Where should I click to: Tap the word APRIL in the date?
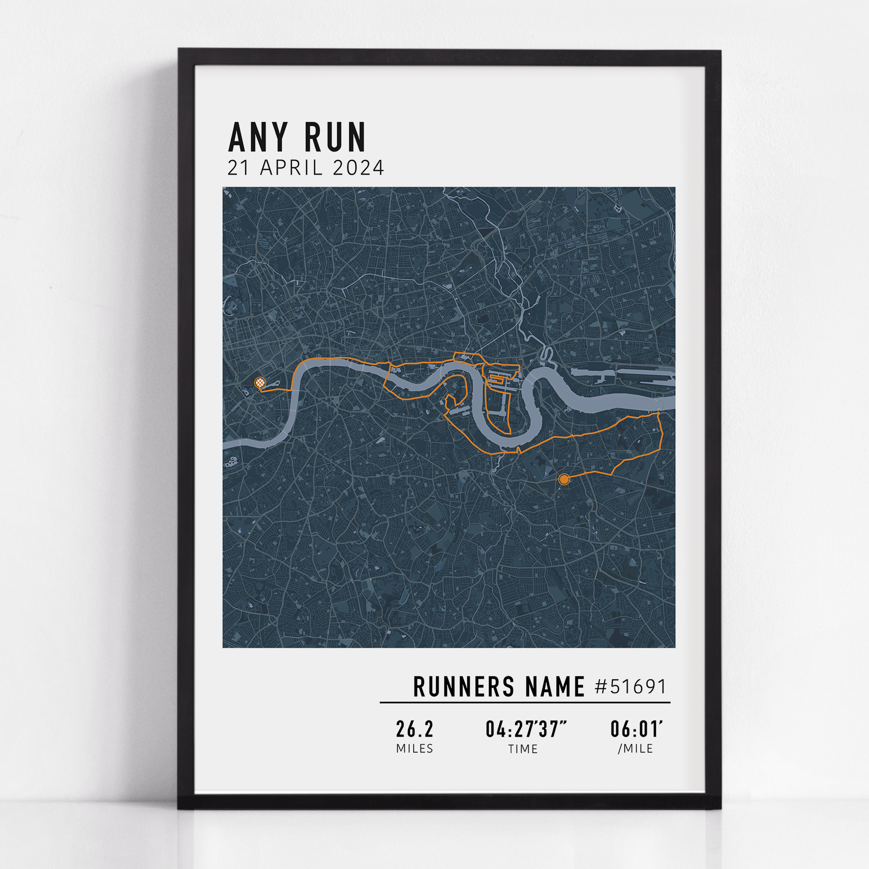coord(292,168)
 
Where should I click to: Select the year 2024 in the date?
coord(359,168)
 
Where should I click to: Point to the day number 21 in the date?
coord(238,168)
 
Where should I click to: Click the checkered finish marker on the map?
coord(260,383)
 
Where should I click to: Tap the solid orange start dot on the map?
coord(564,479)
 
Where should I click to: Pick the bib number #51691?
coord(630,687)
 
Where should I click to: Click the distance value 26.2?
coord(414,729)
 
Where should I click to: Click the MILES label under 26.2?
coord(414,749)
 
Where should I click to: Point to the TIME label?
coord(523,749)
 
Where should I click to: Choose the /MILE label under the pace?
coord(635,749)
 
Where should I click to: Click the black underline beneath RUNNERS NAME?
coord(524,702)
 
